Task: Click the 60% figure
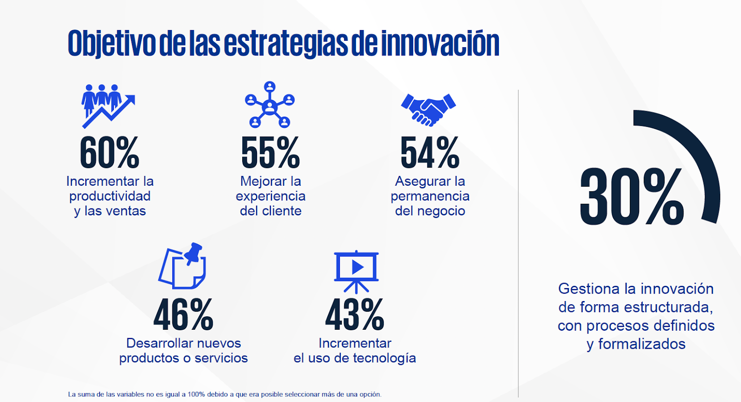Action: (x=109, y=152)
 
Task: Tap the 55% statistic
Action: (x=270, y=152)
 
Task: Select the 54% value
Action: (x=430, y=152)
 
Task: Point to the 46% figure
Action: (x=183, y=314)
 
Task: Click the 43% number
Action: (x=355, y=314)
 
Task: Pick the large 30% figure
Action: (x=632, y=196)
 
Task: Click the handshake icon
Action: (x=428, y=110)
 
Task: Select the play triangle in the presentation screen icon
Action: (x=357, y=267)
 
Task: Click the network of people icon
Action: (x=270, y=105)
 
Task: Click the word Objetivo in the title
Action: (x=112, y=44)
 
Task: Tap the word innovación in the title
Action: (x=440, y=43)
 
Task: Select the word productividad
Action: (x=110, y=196)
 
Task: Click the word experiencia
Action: (x=270, y=196)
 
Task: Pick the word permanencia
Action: (x=430, y=196)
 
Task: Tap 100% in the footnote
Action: (x=196, y=395)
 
